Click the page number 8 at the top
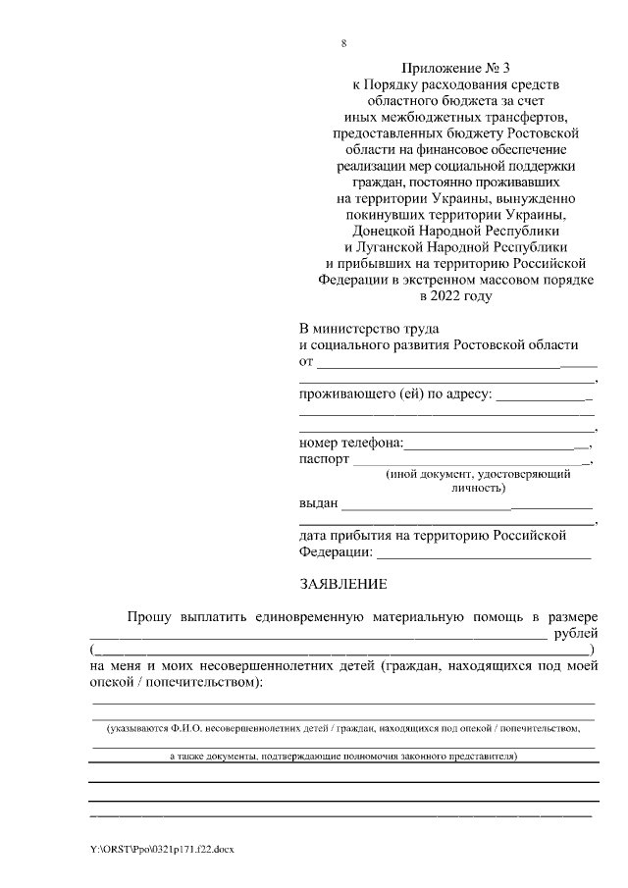tap(343, 44)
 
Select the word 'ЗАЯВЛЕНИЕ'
tap(342, 585)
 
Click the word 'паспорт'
tap(324, 459)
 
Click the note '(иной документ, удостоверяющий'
tap(479, 473)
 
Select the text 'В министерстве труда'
tap(369, 328)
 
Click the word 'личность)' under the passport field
tap(478, 487)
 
